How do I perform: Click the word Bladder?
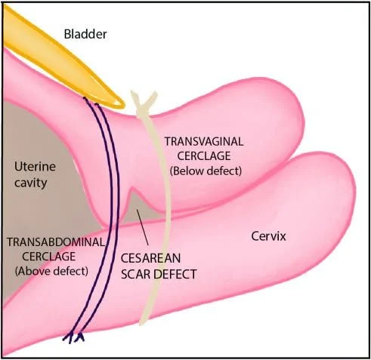point(85,34)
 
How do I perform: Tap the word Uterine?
point(35,167)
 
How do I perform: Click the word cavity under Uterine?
point(31,183)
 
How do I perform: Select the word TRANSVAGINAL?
point(204,142)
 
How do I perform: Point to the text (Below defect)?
point(206,171)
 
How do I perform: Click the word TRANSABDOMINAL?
point(56,242)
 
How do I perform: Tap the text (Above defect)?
point(51,271)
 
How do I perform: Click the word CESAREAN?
point(150,258)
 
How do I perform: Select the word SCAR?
point(136,274)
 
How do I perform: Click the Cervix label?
point(268,236)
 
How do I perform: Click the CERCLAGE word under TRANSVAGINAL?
point(204,156)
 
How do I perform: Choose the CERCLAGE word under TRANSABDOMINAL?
point(49,257)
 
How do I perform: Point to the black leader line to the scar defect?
point(142,227)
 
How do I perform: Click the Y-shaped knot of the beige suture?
point(144,101)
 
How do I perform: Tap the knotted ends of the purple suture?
point(73,337)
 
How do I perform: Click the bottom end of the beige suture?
point(141,323)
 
